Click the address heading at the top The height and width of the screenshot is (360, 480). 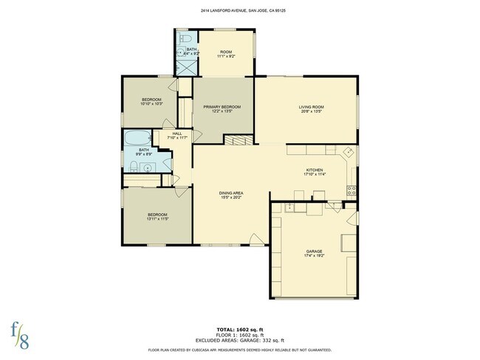pyautogui.click(x=240, y=11)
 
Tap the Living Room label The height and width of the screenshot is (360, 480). pyautogui.click(x=312, y=108)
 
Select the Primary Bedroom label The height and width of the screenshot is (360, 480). pyautogui.click(x=222, y=108)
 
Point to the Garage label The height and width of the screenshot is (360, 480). pyautogui.click(x=315, y=252)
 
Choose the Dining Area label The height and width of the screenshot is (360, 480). pyautogui.click(x=231, y=194)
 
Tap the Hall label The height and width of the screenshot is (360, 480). pyautogui.click(x=177, y=135)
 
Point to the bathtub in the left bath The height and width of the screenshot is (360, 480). pyautogui.click(x=137, y=138)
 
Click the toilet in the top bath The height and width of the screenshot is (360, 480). pyautogui.click(x=188, y=38)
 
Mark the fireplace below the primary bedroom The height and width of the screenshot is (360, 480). pyautogui.click(x=236, y=140)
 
